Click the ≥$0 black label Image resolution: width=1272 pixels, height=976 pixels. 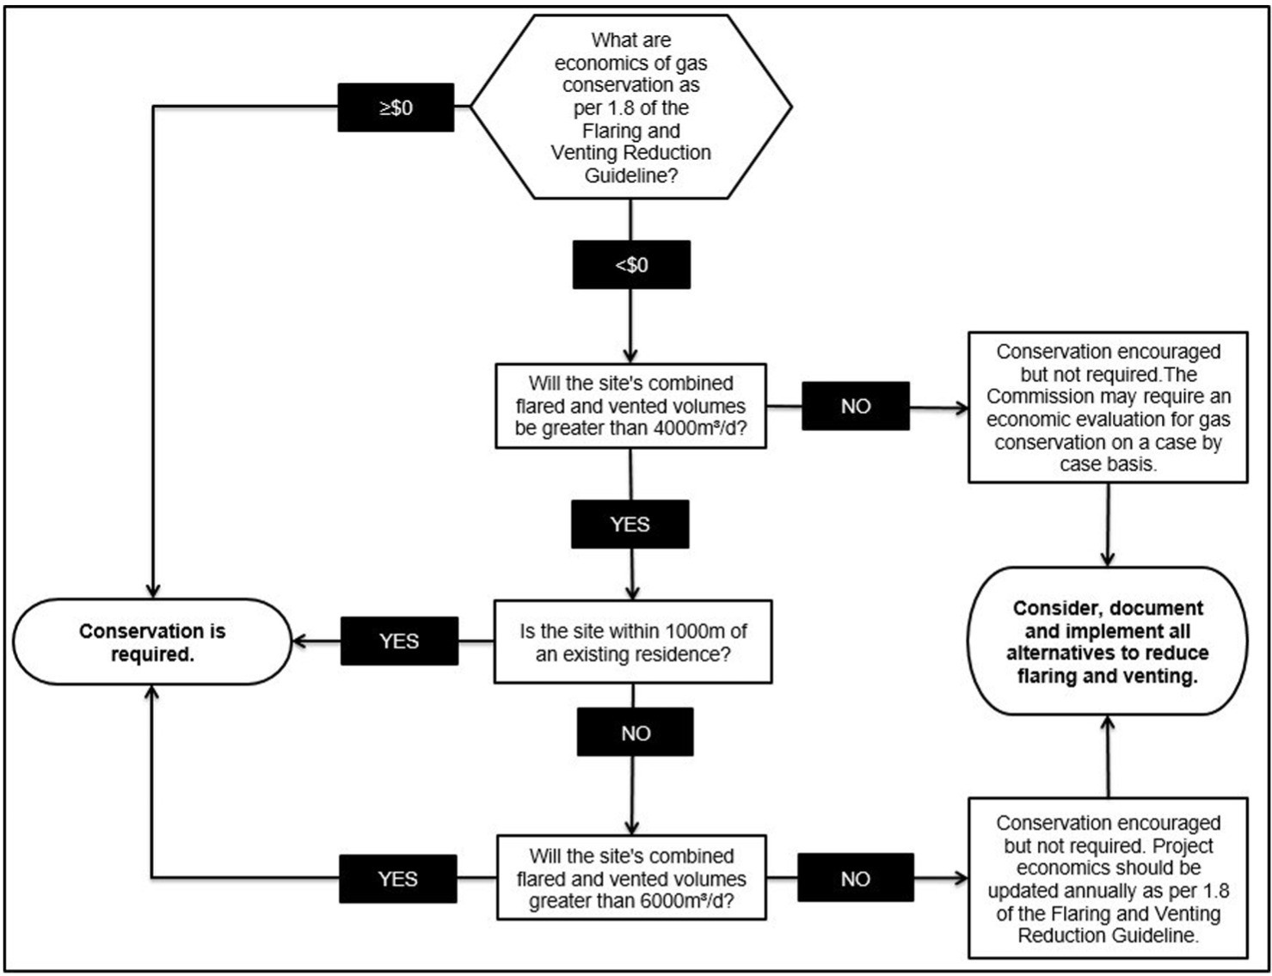pyautogui.click(x=396, y=107)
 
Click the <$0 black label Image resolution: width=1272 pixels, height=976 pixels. pyautogui.click(x=631, y=265)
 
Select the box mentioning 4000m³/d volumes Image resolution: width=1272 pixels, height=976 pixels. pyautogui.click(x=630, y=406)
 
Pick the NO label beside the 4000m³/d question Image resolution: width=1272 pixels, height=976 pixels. pyautogui.click(x=855, y=406)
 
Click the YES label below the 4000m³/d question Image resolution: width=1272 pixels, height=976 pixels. pyautogui.click(x=630, y=525)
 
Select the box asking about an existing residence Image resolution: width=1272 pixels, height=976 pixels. pyautogui.click(x=632, y=642)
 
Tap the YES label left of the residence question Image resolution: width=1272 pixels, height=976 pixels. pyautogui.click(x=399, y=641)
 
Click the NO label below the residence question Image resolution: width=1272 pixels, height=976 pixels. pyautogui.click(x=635, y=733)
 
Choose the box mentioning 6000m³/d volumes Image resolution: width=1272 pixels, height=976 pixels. pyautogui.click(x=631, y=878)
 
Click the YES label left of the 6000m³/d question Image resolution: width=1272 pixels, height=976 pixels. pyautogui.click(x=397, y=879)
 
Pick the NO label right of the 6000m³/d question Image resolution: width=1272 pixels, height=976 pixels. pyautogui.click(x=855, y=878)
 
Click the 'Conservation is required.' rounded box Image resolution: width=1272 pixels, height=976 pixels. pyautogui.click(x=152, y=642)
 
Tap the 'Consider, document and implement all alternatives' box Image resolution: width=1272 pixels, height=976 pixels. pyautogui.click(x=1108, y=641)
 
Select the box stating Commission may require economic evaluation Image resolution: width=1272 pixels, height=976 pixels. pyautogui.click(x=1108, y=408)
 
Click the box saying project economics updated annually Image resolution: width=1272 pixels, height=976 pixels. pyautogui.click(x=1108, y=878)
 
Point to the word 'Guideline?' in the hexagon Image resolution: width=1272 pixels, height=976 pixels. pyautogui.click(x=631, y=175)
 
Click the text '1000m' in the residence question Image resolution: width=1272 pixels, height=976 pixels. pyautogui.click(x=696, y=631)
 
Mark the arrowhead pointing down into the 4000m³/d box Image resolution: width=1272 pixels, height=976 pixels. pyautogui.click(x=630, y=356)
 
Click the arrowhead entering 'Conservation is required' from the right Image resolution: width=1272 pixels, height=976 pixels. pyautogui.click(x=299, y=641)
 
